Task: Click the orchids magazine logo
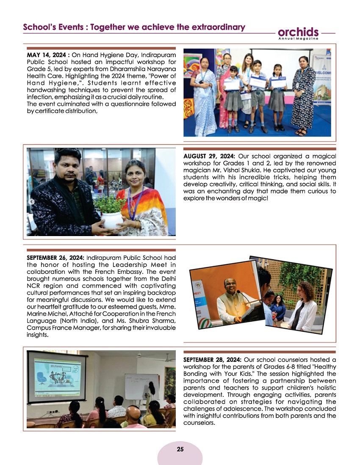tap(298, 33)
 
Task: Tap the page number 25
tap(180, 449)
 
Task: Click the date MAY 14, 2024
tap(47, 55)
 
